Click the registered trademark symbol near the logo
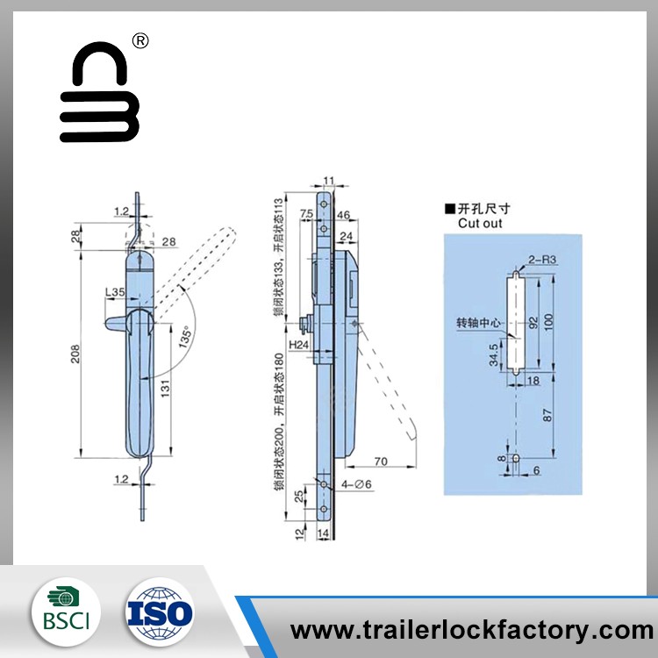point(140,41)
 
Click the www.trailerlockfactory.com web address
point(472,629)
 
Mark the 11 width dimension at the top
point(329,181)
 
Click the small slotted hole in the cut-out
point(515,460)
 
